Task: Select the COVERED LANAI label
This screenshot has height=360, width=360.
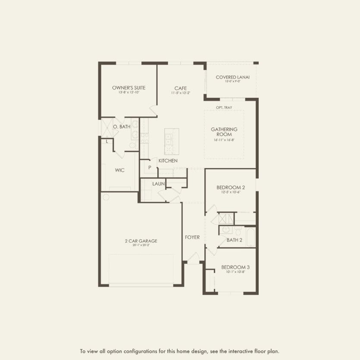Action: pyautogui.click(x=232, y=77)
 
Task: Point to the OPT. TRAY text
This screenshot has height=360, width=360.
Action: pyautogui.click(x=224, y=107)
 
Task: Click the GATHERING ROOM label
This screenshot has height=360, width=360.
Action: pyautogui.click(x=224, y=132)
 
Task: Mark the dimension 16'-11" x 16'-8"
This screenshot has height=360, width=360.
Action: pyautogui.click(x=224, y=140)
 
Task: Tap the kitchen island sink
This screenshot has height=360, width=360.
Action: pyautogui.click(x=168, y=139)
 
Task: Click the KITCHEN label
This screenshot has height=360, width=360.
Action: pyautogui.click(x=168, y=160)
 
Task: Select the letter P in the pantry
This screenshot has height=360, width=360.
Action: pyautogui.click(x=150, y=167)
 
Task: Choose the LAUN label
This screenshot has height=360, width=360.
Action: pyautogui.click(x=157, y=184)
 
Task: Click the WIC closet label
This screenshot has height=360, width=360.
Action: pyautogui.click(x=120, y=170)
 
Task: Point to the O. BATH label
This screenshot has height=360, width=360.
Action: pyautogui.click(x=122, y=127)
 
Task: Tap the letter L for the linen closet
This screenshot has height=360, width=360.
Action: pyautogui.click(x=106, y=141)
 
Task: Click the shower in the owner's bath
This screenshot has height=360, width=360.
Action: pyautogui.click(x=106, y=128)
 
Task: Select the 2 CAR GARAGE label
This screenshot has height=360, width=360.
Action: pyautogui.click(x=141, y=241)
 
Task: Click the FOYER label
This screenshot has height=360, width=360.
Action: pyautogui.click(x=192, y=237)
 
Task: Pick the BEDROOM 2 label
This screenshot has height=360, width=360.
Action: pyautogui.click(x=231, y=187)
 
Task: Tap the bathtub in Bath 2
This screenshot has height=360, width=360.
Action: pyautogui.click(x=250, y=237)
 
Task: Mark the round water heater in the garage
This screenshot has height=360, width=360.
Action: pyautogui.click(x=106, y=197)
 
